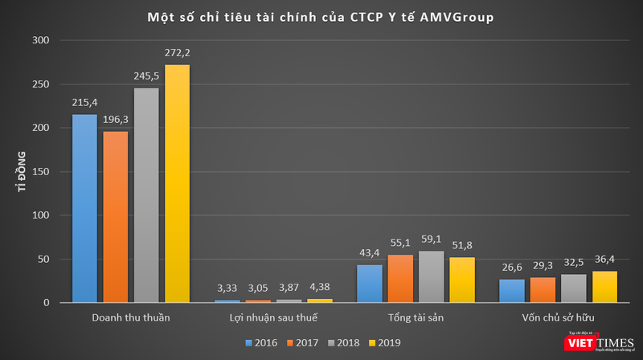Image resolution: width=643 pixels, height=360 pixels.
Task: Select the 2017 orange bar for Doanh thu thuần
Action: pos(116,217)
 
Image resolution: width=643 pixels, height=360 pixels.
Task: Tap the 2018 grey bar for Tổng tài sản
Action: pos(431,276)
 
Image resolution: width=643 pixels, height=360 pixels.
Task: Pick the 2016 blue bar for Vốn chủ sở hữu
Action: pos(512,290)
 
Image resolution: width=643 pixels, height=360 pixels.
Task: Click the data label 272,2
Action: pos(177,53)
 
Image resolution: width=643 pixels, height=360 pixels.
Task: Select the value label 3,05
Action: pos(258,288)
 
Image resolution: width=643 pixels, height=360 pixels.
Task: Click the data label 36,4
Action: pos(604,259)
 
